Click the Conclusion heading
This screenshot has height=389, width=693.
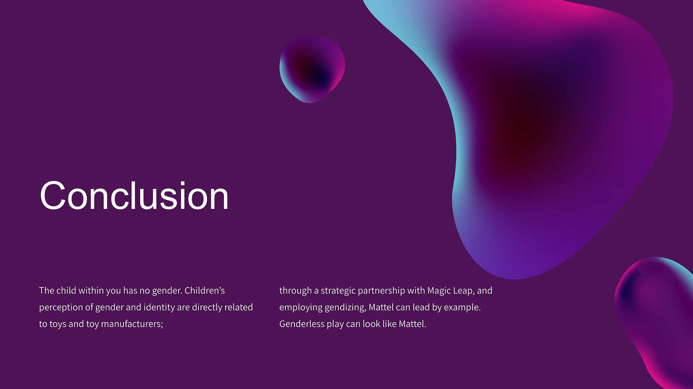click(x=134, y=196)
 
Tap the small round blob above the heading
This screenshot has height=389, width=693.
click(x=312, y=69)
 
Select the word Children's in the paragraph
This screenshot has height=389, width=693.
click(x=204, y=290)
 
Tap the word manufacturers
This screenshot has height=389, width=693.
click(x=132, y=324)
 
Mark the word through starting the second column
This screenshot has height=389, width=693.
click(x=296, y=291)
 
